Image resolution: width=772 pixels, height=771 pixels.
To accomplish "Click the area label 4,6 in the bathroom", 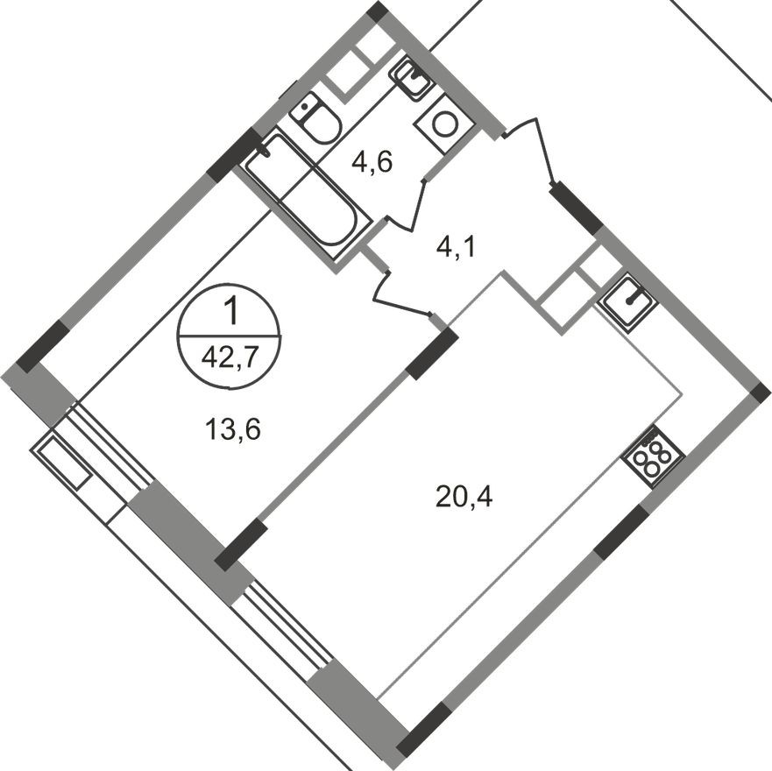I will click(372, 162).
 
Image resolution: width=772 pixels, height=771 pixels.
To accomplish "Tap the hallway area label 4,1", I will click(456, 249).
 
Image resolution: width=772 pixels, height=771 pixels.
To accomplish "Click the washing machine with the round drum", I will click(444, 124).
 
